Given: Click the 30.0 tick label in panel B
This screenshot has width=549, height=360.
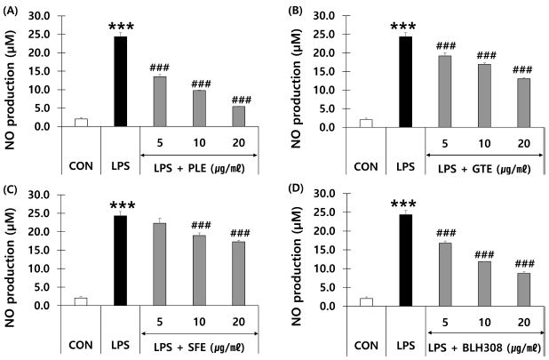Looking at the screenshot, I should [322, 16].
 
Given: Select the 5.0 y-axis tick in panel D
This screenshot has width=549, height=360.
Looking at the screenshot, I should [324, 287].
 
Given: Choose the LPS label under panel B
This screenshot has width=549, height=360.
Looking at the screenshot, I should [401, 164].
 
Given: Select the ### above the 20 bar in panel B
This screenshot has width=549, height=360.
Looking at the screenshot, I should [522, 70].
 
